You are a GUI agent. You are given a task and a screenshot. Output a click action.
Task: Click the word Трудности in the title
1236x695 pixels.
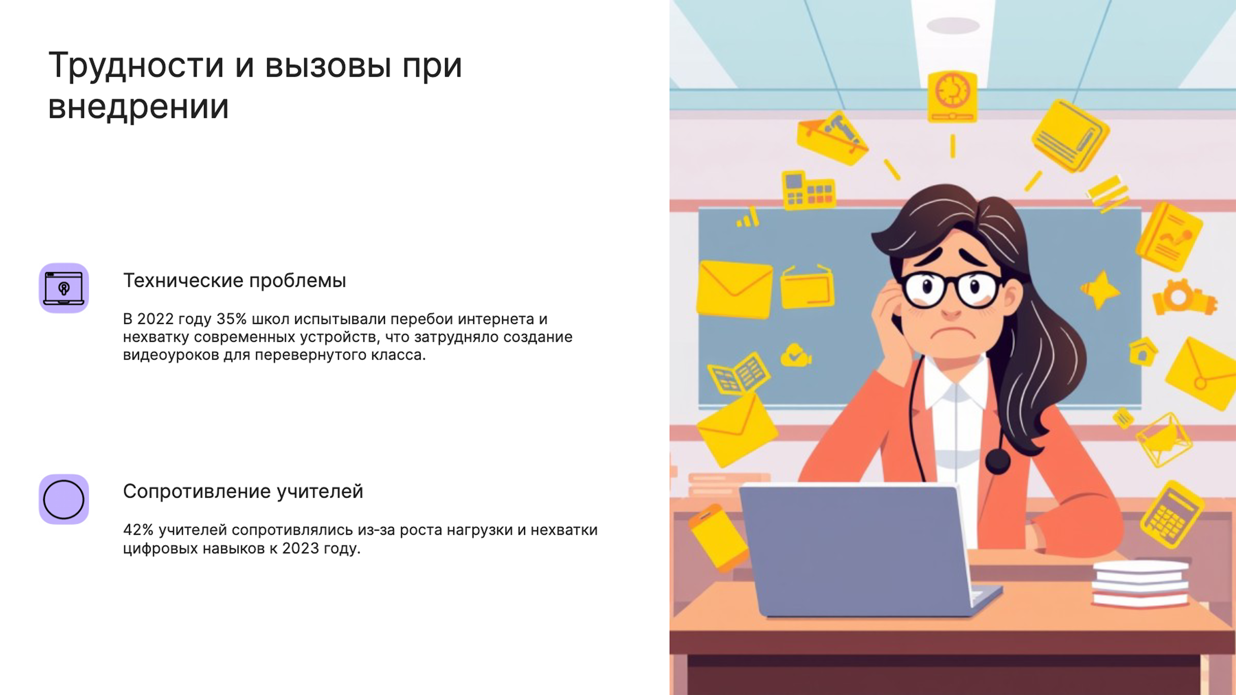136,66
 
